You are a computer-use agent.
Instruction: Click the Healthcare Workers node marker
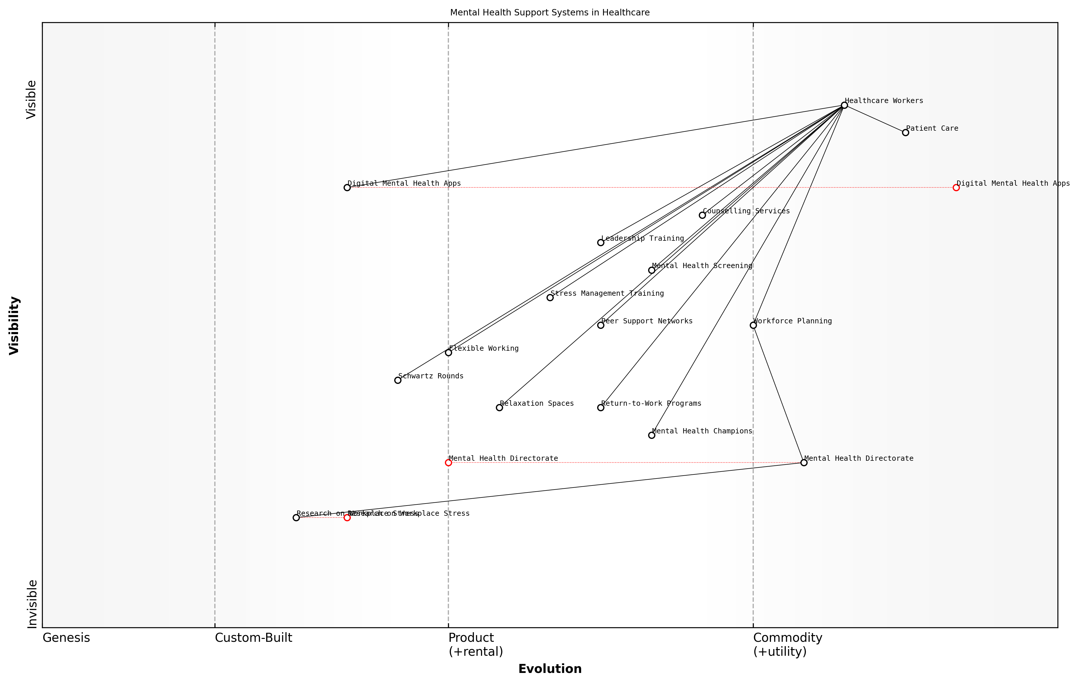pos(844,105)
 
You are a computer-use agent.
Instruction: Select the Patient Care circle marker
pos(905,133)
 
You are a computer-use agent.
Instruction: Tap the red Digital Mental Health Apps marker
pos(956,188)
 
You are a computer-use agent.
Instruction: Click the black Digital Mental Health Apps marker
pos(347,188)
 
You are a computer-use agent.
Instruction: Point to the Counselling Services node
pos(702,215)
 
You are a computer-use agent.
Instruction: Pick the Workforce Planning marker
pos(753,325)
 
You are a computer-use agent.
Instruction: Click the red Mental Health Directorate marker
pos(448,463)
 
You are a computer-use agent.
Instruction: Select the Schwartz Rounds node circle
pos(397,380)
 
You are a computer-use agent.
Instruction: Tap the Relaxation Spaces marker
pos(499,407)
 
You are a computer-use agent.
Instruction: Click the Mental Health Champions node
pos(652,435)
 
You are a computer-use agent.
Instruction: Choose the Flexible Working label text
pos(484,348)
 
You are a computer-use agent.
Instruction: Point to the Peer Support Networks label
pos(647,321)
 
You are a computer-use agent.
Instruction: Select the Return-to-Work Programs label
pos(651,404)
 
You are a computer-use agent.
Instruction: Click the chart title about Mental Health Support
pos(550,13)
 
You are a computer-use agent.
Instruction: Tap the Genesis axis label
pos(66,638)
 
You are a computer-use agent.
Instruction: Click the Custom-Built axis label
pos(253,638)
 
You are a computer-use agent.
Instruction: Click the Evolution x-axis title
pos(550,669)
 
